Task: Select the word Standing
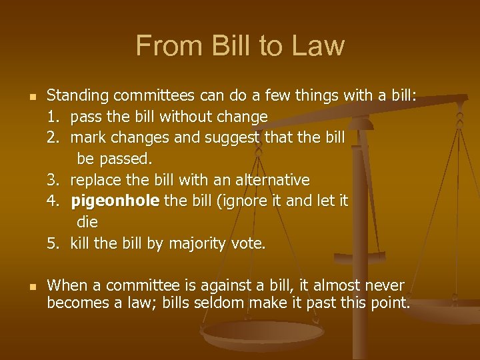click(x=77, y=96)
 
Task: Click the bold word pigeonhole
click(x=115, y=201)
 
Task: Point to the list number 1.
click(x=53, y=117)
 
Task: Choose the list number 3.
click(x=53, y=180)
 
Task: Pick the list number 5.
click(x=53, y=243)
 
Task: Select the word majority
click(x=199, y=244)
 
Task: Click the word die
click(x=87, y=223)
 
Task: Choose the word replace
click(x=93, y=181)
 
